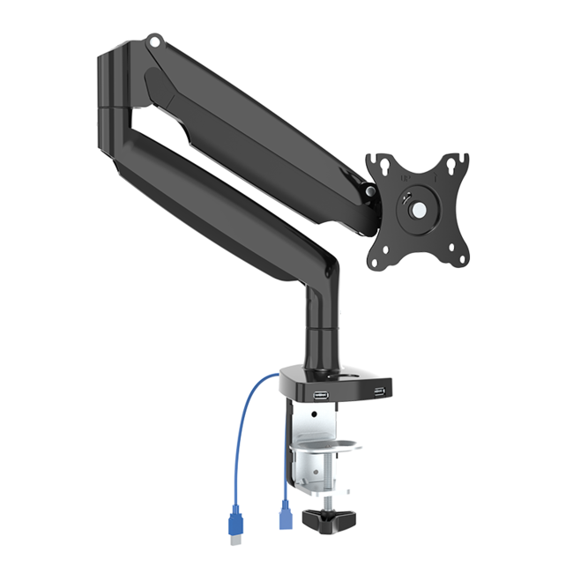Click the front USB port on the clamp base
(x=321, y=396)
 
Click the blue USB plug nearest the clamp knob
(x=285, y=514)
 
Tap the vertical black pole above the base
(x=315, y=335)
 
